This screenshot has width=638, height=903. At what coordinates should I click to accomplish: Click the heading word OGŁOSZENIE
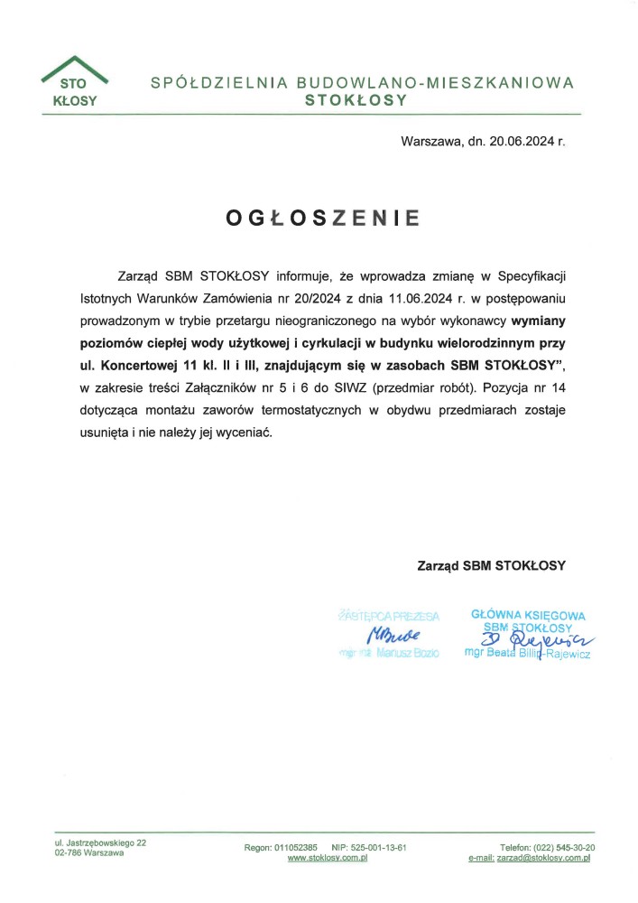(x=323, y=218)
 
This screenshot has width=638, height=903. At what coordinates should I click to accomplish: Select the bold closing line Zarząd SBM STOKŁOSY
(x=491, y=566)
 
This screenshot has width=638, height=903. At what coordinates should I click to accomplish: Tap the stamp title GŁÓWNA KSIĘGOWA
(x=528, y=616)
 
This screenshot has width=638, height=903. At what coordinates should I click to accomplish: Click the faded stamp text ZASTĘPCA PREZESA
(x=389, y=617)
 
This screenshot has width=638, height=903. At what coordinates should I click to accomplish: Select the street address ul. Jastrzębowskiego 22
(x=100, y=842)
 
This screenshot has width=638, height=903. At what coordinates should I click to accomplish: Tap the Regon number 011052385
(x=294, y=847)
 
